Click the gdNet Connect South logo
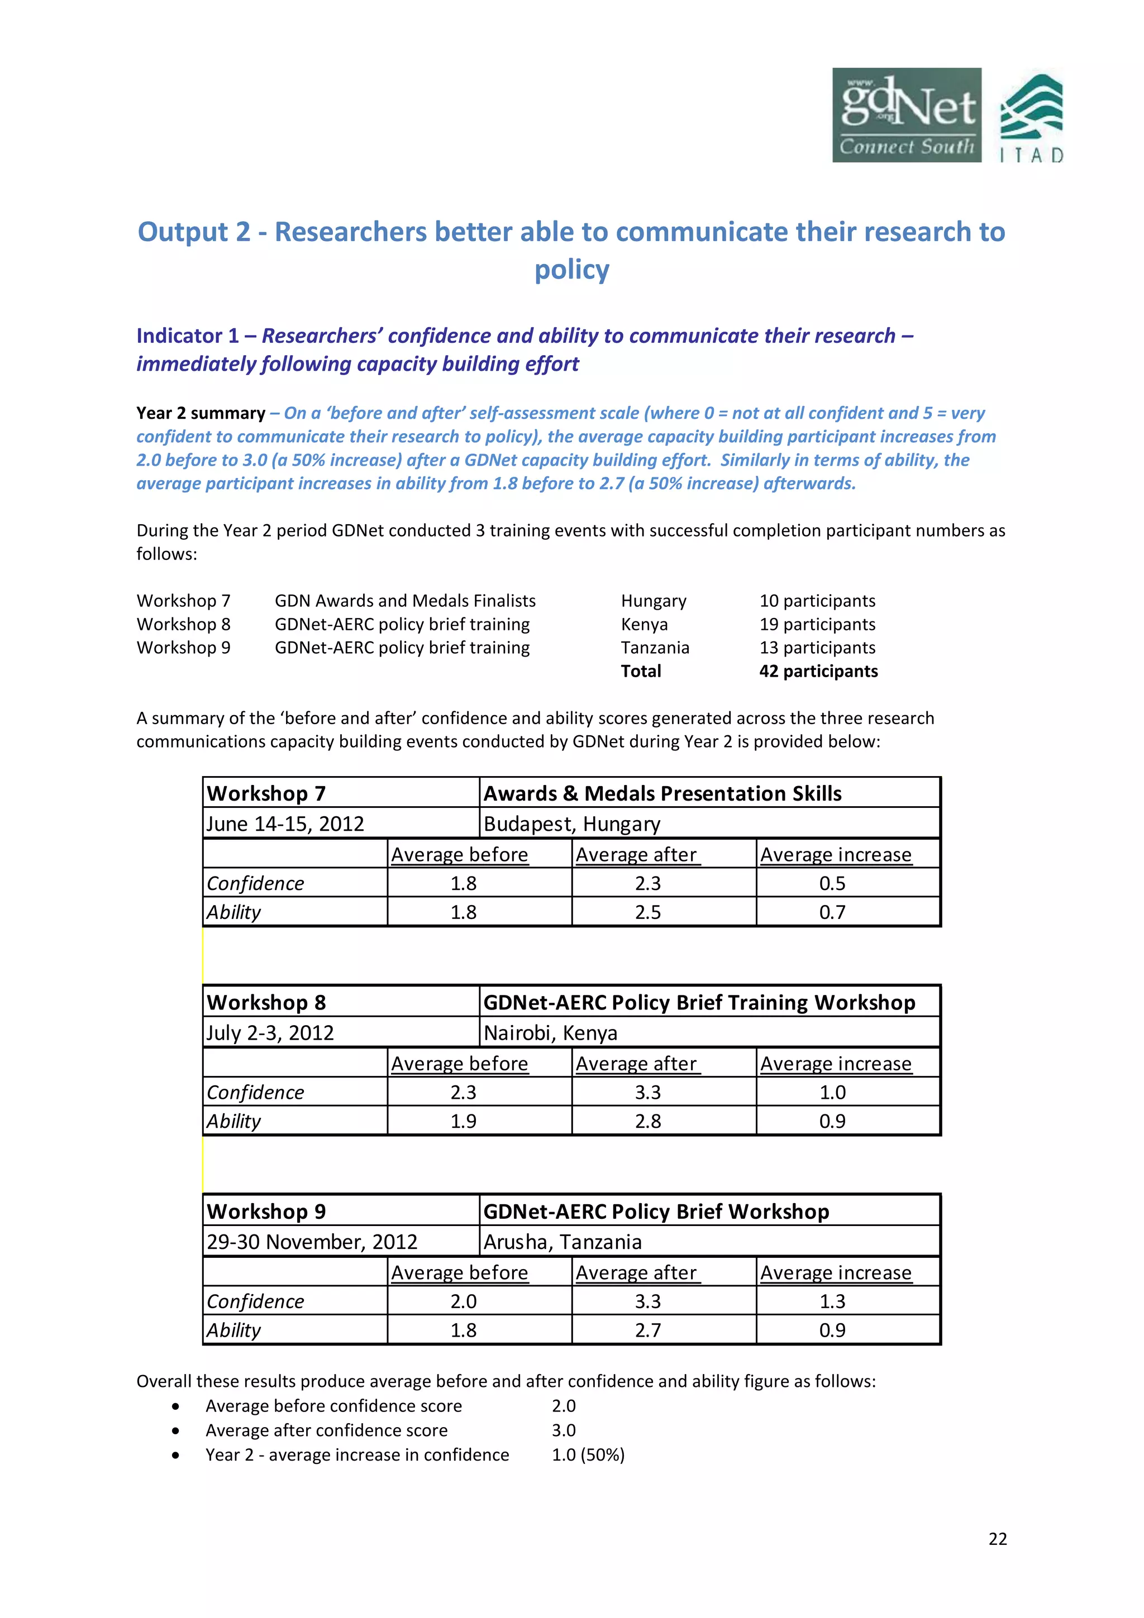click(x=907, y=115)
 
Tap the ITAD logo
click(x=1031, y=118)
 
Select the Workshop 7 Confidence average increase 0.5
click(x=832, y=883)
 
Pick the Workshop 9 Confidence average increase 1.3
click(x=832, y=1301)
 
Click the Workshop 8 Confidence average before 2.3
click(x=463, y=1092)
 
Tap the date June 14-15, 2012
click(x=285, y=824)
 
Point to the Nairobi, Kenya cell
click(x=551, y=1033)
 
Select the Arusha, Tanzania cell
click(x=563, y=1242)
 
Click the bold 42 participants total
click(x=818, y=671)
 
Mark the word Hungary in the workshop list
click(x=654, y=601)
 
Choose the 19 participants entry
click(x=817, y=624)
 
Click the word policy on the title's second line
click(x=571, y=269)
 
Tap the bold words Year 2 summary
click(x=200, y=413)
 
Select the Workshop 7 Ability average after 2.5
click(x=648, y=912)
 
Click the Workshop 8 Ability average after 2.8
click(x=648, y=1121)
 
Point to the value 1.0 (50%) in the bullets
click(x=588, y=1454)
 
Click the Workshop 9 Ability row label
click(x=234, y=1330)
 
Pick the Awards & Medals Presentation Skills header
click(x=662, y=793)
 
